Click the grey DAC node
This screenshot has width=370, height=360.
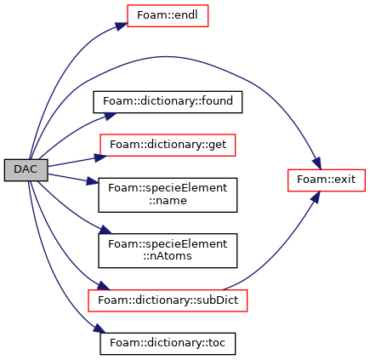(26, 170)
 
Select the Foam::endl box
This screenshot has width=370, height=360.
(168, 16)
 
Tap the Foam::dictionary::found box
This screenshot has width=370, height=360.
(168, 102)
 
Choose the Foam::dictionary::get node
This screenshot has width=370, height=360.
(168, 145)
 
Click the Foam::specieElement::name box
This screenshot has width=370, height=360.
(168, 195)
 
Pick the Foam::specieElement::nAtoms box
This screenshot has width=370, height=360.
(168, 251)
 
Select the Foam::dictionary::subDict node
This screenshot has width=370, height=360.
(168, 300)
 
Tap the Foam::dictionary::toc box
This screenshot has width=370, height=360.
(168, 344)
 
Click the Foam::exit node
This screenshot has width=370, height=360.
(327, 180)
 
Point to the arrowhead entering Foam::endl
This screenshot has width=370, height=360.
(121, 26)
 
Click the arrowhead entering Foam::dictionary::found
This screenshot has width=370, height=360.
(111, 116)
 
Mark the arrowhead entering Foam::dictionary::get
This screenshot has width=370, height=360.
(100, 157)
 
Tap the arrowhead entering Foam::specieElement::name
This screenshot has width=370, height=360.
(93, 181)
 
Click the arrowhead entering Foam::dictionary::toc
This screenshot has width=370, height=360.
(100, 329)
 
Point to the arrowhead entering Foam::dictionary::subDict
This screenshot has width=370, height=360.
(104, 286)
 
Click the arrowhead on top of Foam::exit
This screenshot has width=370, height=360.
(317, 163)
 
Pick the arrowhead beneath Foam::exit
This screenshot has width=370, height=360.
(316, 197)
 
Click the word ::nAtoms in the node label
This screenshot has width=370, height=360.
(168, 256)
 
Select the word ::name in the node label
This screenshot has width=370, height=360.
(168, 201)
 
